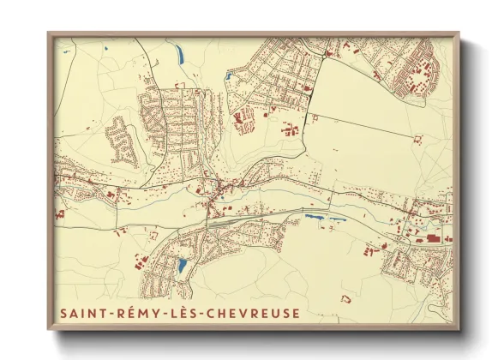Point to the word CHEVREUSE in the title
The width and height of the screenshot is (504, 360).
click(x=255, y=314)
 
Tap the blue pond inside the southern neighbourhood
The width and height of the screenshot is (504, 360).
click(x=182, y=266)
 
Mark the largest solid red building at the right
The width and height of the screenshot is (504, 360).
click(x=434, y=239)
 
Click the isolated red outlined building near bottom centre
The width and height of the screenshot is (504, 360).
click(x=346, y=298)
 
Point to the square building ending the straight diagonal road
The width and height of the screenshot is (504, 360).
click(x=417, y=139)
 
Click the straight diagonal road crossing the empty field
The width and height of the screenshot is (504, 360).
click(x=360, y=125)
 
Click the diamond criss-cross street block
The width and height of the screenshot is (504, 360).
click(x=245, y=119)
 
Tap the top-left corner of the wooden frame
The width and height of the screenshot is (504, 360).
click(x=50, y=35)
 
